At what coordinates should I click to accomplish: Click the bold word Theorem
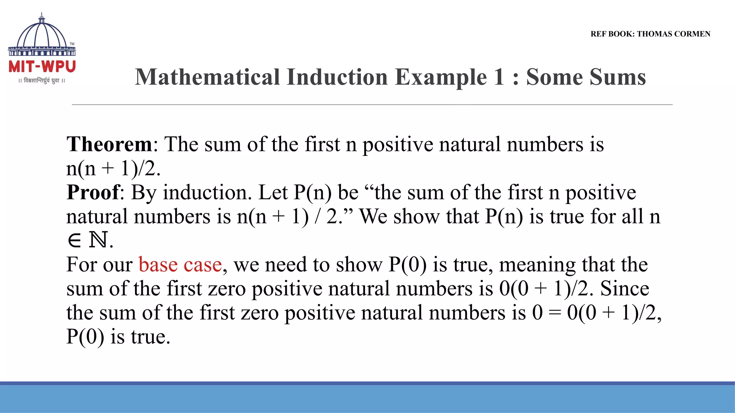tap(109, 144)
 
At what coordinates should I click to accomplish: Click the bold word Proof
tap(93, 193)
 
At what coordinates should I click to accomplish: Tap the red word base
tap(158, 265)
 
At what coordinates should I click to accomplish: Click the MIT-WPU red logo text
tap(42, 67)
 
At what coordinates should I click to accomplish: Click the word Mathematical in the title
tap(207, 77)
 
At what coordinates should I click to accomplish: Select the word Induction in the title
tap(337, 77)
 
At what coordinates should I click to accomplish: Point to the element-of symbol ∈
tap(74, 241)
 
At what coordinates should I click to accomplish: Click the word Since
tap(624, 289)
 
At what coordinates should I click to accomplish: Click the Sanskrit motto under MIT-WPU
tap(42, 81)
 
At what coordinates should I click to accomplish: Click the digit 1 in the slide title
tap(499, 77)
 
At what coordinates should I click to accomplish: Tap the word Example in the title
tap(441, 77)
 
